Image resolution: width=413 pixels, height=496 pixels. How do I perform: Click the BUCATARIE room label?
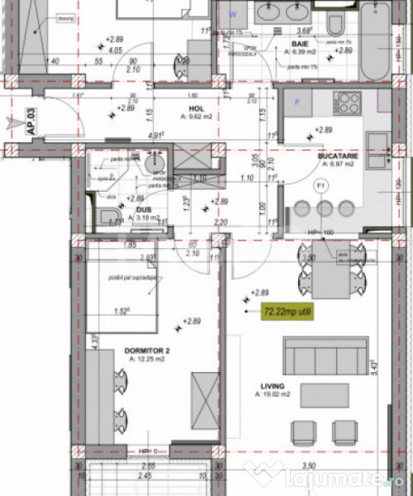tap(336, 155)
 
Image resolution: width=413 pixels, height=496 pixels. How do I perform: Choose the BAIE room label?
tap(299, 43)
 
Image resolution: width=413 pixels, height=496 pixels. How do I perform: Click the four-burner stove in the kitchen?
tap(348, 103)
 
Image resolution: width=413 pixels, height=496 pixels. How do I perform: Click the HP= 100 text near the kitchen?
tap(320, 232)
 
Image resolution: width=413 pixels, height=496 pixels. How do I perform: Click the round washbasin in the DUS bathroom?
tap(154, 165)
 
